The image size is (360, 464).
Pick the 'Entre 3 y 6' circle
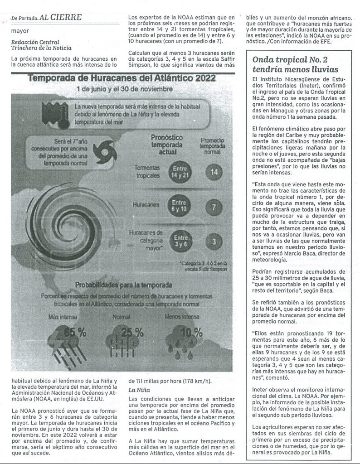click(180, 240)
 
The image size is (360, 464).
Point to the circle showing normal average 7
click(214, 206)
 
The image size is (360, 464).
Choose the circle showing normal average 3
click(214, 242)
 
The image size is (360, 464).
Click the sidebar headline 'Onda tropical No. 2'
click(290, 59)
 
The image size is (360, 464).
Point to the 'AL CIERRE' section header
click(60, 18)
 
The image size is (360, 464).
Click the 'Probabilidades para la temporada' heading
click(123, 285)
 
